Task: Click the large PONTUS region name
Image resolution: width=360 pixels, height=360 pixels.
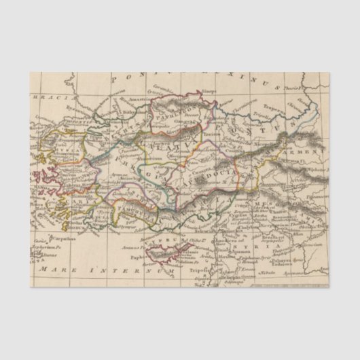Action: (x=272, y=126)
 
